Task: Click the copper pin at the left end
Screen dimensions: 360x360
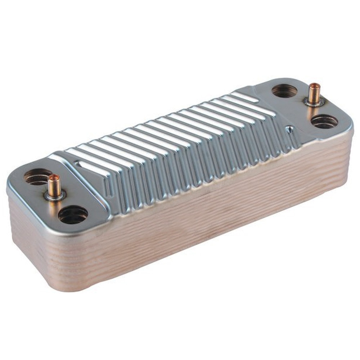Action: pos(55,185)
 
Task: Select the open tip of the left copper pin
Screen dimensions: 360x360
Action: pos(54,177)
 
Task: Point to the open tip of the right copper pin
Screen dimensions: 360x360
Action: pos(315,86)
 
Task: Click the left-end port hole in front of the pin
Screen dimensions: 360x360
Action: pos(73,215)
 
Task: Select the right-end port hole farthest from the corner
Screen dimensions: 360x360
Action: pos(284,91)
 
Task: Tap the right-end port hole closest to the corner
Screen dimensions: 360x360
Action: pos(324,122)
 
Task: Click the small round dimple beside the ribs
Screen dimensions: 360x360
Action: pos(289,129)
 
